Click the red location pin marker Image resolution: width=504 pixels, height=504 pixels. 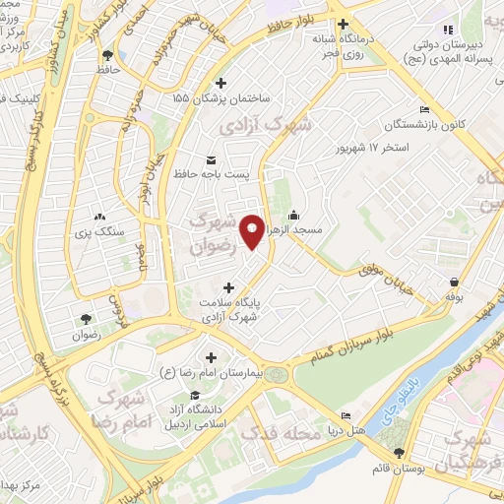click(253, 231)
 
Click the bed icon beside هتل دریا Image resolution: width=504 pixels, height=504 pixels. click(344, 417)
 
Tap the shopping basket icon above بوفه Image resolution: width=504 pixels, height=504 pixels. click(454, 282)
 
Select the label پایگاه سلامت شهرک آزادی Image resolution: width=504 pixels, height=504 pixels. click(228, 310)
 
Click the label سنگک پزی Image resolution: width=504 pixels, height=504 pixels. click(98, 231)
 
